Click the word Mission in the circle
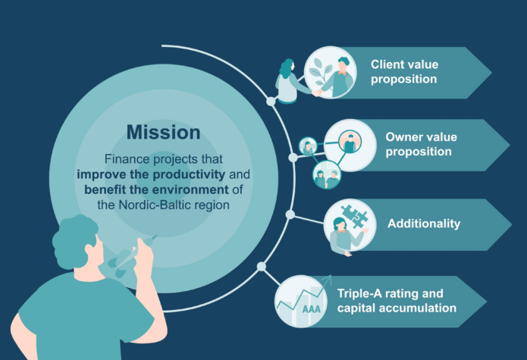[x=163, y=133]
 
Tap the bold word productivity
[x=195, y=174]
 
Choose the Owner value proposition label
[x=419, y=144]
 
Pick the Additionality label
[x=423, y=224]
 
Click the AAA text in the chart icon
[x=310, y=310]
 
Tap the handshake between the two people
[x=318, y=92]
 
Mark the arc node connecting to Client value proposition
[x=271, y=101]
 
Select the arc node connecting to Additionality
[x=290, y=214]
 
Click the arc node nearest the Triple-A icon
[x=262, y=267]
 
